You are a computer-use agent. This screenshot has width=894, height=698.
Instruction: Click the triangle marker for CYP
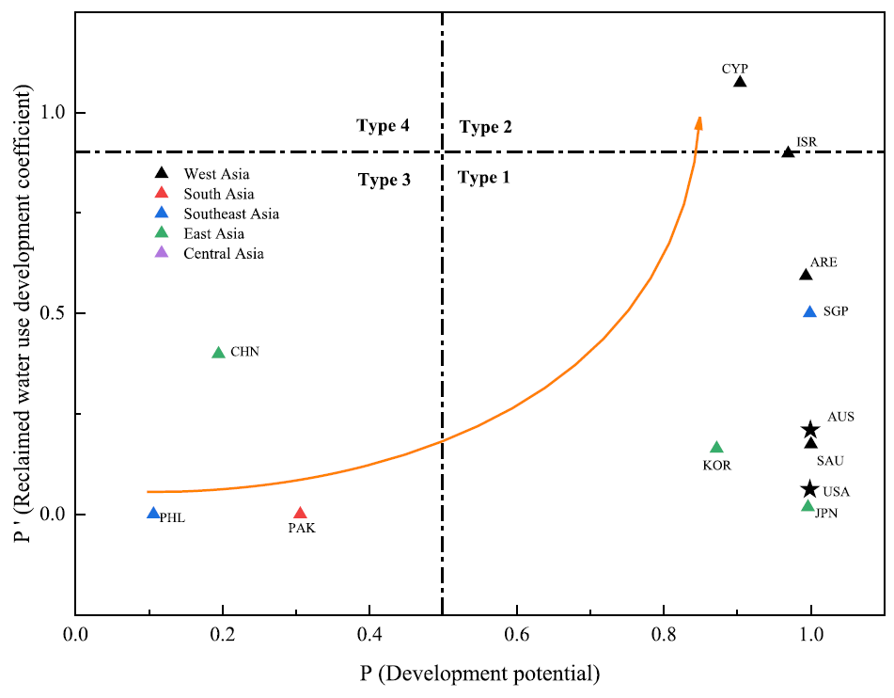point(740,82)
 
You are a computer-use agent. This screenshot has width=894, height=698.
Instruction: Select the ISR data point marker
point(789,152)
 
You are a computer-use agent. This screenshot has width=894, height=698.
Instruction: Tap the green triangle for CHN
point(219,353)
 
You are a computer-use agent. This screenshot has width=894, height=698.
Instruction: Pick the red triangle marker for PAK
point(300,514)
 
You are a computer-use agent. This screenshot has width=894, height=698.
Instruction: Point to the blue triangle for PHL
point(153,514)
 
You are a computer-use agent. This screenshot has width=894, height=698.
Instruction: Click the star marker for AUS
point(810,430)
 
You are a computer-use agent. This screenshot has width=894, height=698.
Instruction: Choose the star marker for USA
point(810,489)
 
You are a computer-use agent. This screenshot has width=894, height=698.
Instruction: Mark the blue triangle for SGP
point(810,311)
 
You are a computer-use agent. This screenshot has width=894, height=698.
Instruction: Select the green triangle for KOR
point(717,448)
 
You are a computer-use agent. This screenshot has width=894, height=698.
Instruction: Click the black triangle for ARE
point(806,275)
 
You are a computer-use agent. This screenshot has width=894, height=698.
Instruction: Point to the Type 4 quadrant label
point(383,126)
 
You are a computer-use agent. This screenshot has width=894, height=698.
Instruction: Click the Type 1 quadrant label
point(483,178)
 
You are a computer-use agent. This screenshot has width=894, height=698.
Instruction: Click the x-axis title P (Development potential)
point(479,673)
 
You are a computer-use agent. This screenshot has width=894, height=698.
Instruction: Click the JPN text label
point(826,514)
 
